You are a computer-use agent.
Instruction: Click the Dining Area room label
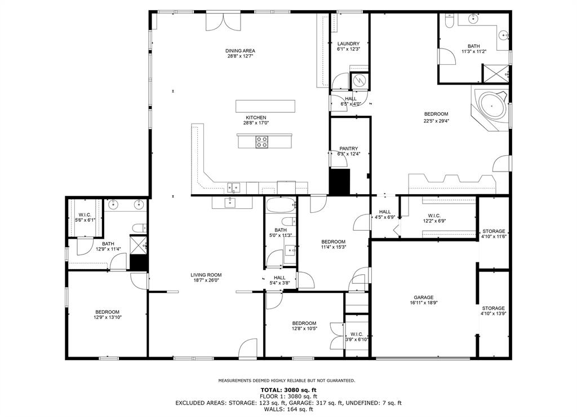[240, 51]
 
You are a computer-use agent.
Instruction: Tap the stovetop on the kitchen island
[262, 142]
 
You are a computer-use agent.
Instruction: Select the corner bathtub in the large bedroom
[492, 106]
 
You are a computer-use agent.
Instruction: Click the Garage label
[423, 297]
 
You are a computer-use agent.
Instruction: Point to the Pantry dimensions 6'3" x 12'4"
[349, 155]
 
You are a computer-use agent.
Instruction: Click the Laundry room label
[348, 44]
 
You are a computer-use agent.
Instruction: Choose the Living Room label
[206, 275]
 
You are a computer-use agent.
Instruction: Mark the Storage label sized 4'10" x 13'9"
[493, 308]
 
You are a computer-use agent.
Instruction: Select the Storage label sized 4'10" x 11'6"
[494, 231]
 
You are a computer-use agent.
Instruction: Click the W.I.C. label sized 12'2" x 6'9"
[434, 215]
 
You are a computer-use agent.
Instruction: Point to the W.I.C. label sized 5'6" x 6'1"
[85, 214]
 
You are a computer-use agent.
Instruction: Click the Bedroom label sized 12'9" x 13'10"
[106, 312]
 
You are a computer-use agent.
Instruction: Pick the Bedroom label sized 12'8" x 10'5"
[304, 323]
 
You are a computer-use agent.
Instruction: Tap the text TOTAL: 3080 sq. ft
[288, 390]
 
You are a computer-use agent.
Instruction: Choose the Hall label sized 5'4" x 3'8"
[279, 278]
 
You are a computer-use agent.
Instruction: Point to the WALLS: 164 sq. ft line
[288, 410]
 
